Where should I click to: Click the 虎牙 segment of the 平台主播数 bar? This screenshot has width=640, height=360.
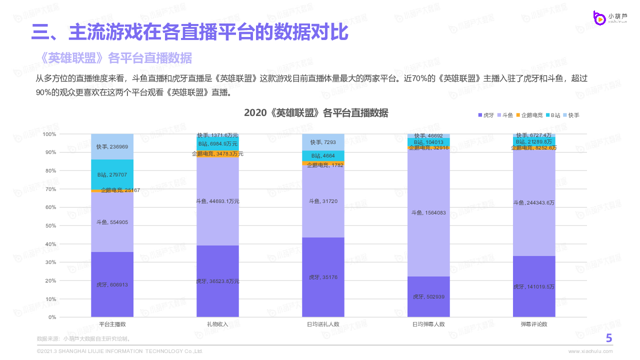pyautogui.click(x=112, y=284)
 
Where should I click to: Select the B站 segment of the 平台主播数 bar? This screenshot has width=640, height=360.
pyautogui.click(x=112, y=174)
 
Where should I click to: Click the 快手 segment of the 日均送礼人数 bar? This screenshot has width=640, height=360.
pyautogui.click(x=323, y=142)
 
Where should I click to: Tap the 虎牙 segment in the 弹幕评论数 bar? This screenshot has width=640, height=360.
pyautogui.click(x=534, y=286)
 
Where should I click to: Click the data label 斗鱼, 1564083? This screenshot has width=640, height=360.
pyautogui.click(x=428, y=212)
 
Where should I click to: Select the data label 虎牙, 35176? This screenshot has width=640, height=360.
pyautogui.click(x=323, y=277)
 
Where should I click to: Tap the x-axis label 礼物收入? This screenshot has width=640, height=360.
pyautogui.click(x=217, y=324)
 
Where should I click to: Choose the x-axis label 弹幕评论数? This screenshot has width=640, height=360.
pyautogui.click(x=534, y=324)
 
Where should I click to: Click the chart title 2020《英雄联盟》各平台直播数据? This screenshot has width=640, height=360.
pyautogui.click(x=315, y=113)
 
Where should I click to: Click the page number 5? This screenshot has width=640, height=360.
pyautogui.click(x=609, y=338)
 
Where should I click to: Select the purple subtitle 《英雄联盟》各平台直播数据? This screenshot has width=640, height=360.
pyautogui.click(x=114, y=58)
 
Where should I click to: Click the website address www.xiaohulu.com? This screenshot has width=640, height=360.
pyautogui.click(x=590, y=351)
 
